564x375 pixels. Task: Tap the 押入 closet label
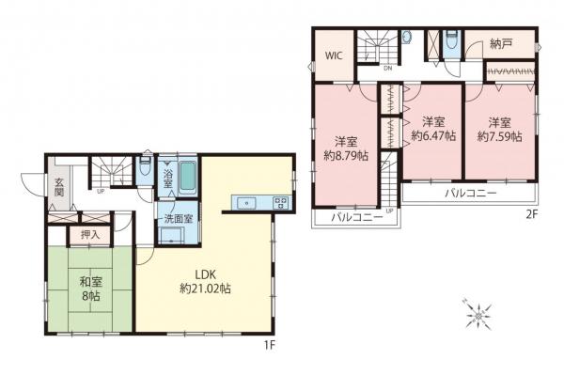pos(89,234)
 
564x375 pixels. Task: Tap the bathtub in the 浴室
pos(186,176)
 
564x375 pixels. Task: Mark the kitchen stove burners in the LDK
pos(279,202)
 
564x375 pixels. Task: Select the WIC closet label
pos(334,55)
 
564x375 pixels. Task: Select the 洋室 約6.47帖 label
pos(432,129)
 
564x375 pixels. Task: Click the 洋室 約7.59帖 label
pos(498,129)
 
